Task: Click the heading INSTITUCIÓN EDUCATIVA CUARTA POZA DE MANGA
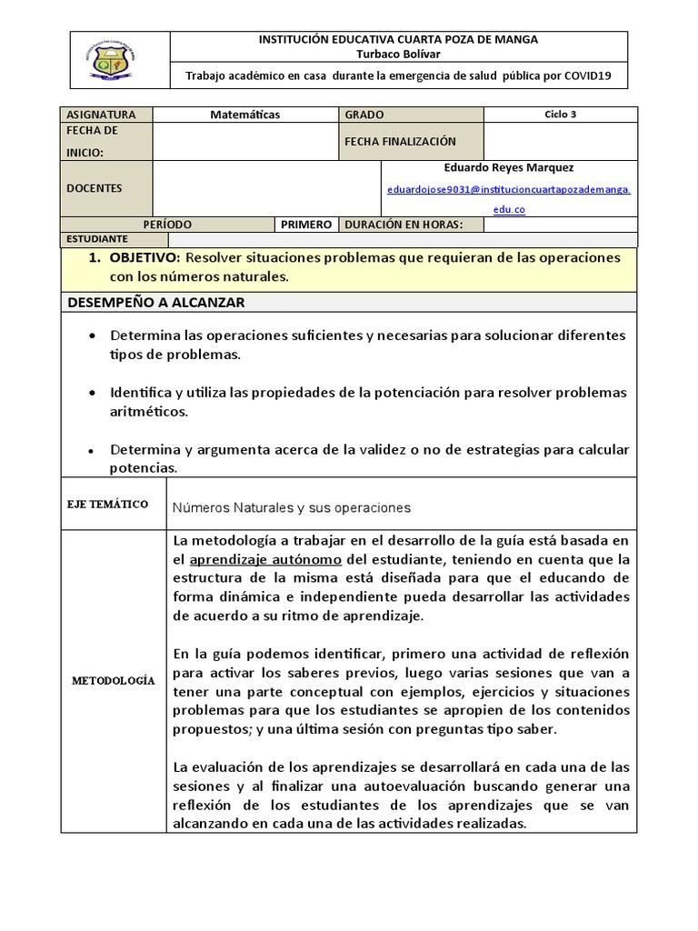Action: (x=399, y=39)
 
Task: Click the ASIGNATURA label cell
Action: (x=101, y=115)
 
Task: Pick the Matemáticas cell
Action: (x=245, y=115)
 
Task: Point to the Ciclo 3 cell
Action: (x=560, y=115)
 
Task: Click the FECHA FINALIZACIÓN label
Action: (x=400, y=142)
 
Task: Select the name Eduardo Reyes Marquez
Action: (x=508, y=168)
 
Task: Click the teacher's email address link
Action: (x=508, y=189)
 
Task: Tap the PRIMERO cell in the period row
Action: (x=306, y=225)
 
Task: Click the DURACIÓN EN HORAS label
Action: (x=403, y=225)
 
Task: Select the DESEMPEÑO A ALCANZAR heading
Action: (x=155, y=302)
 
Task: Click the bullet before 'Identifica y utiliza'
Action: (x=93, y=393)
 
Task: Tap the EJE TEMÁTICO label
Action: (x=107, y=505)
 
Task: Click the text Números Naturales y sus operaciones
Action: (x=291, y=507)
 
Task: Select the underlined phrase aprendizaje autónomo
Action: (x=265, y=559)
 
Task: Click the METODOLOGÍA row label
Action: (x=114, y=680)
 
